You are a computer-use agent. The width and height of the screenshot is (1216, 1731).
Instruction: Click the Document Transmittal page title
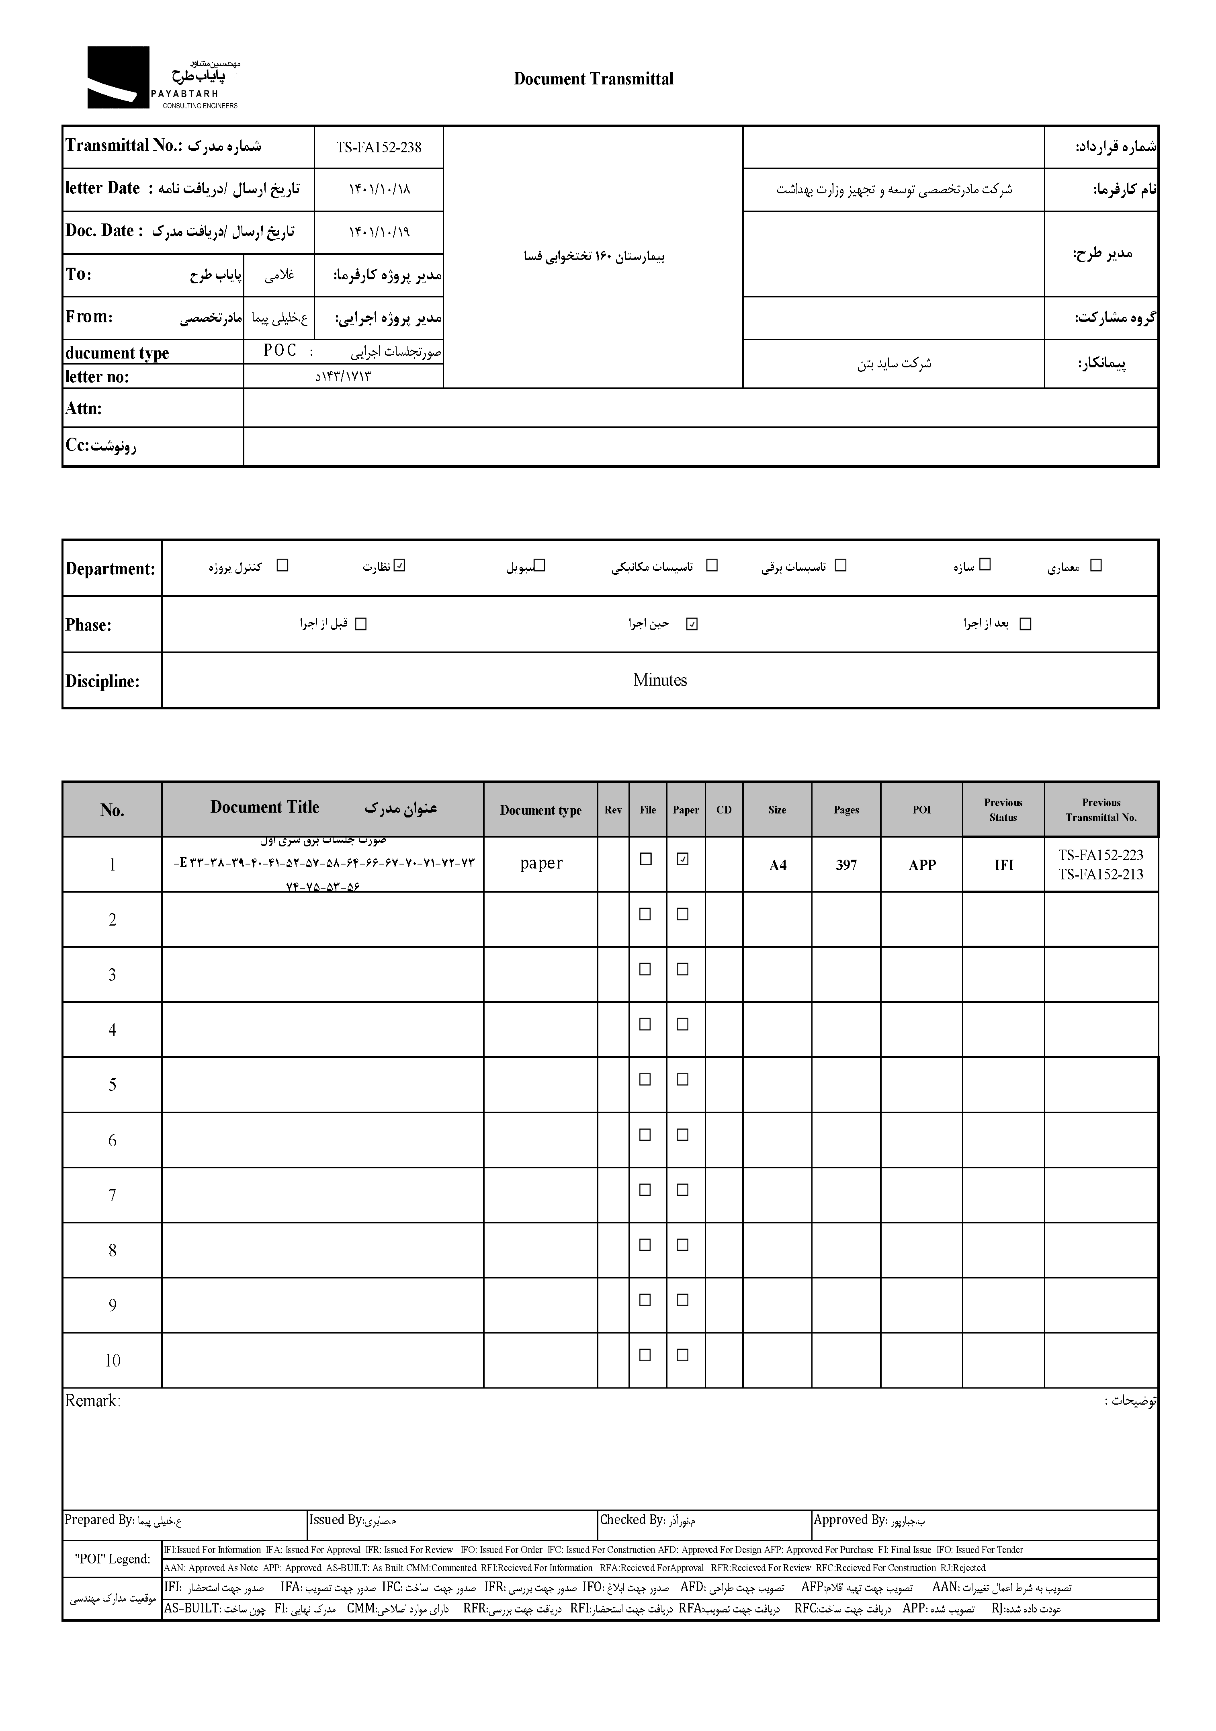[593, 79]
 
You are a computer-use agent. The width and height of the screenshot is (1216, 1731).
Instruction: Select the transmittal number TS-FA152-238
[379, 148]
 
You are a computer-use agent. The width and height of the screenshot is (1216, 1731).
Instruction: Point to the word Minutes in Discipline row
[660, 680]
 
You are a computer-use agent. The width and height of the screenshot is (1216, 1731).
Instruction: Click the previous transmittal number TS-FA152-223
[1101, 855]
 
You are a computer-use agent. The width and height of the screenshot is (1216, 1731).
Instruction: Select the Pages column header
[846, 810]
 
